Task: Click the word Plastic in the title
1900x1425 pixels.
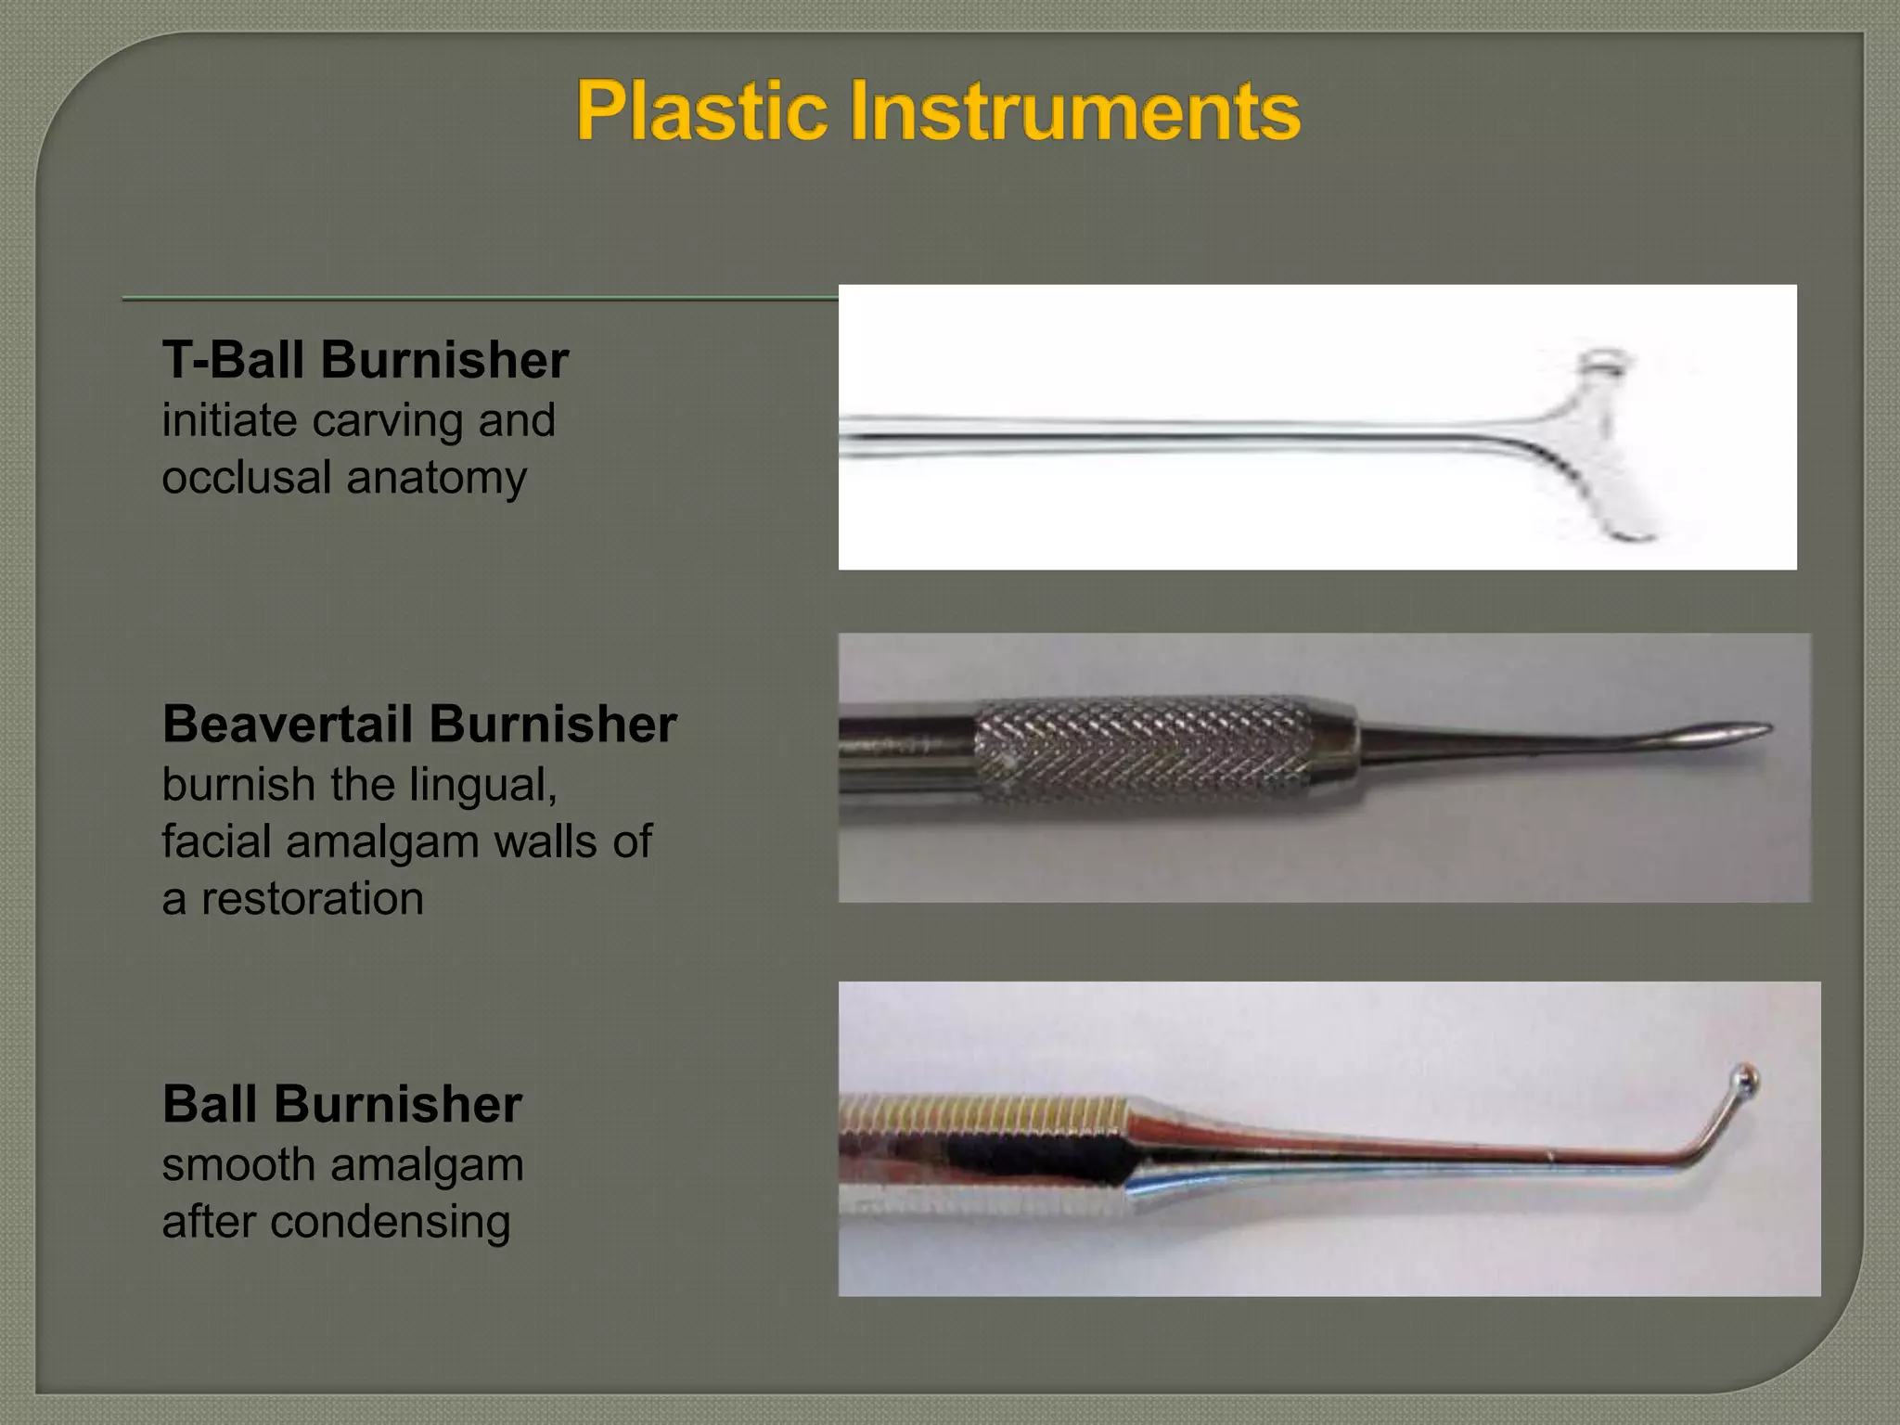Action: pos(701,111)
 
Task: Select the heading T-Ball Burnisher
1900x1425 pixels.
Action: pos(365,360)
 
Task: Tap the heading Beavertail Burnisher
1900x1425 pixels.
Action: pos(419,724)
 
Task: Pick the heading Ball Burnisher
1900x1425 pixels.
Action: pos(341,1104)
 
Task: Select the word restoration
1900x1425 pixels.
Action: pos(312,899)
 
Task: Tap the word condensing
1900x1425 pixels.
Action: pos(390,1222)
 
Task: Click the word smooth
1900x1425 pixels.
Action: pos(238,1165)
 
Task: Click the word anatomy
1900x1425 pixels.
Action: pos(436,479)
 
